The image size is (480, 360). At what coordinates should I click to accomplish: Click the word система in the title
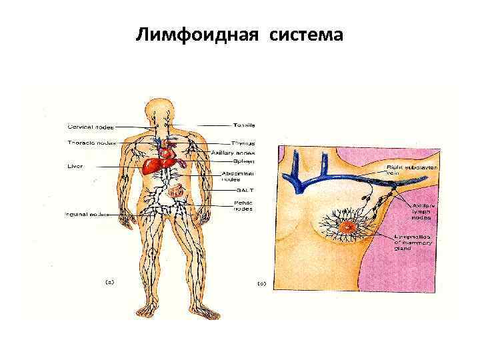307,34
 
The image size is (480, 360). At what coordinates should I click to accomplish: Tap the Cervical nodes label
90,127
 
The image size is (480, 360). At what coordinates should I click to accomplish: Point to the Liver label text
75,165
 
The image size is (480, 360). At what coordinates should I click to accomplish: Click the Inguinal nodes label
87,214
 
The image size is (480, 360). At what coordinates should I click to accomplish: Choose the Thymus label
243,143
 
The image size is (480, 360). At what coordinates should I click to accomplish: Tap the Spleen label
242,160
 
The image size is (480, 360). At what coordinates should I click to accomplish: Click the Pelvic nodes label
242,205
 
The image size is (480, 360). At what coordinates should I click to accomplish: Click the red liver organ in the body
159,163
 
